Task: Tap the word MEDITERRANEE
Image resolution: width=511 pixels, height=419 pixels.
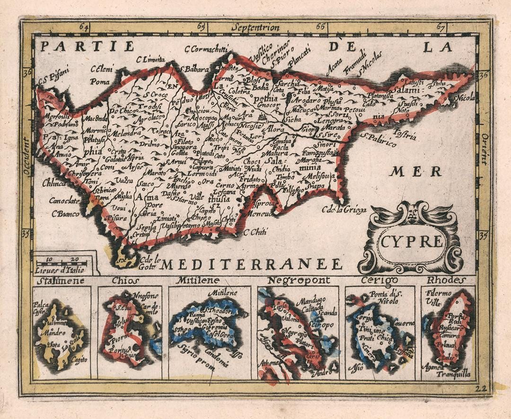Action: tap(251, 264)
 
